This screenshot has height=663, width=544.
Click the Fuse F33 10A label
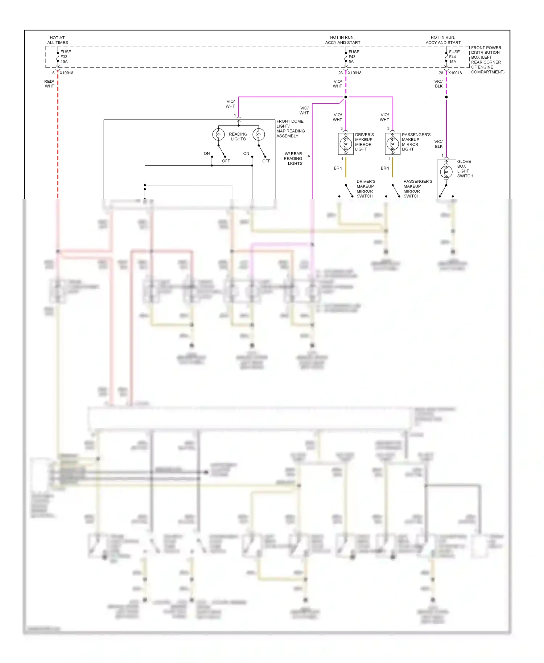pyautogui.click(x=65, y=57)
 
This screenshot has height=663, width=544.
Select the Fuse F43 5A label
pyautogui.click(x=354, y=57)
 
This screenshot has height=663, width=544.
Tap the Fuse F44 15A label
pyautogui.click(x=454, y=57)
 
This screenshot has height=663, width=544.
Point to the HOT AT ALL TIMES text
pyautogui.click(x=57, y=40)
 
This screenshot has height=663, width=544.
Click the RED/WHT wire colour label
pyautogui.click(x=49, y=84)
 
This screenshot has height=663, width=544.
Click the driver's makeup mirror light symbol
pyautogui.click(x=346, y=144)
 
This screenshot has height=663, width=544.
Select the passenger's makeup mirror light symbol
pyautogui.click(x=392, y=144)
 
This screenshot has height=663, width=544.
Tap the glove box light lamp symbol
pyautogui.click(x=446, y=172)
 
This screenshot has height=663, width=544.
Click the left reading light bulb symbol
pyautogui.click(x=218, y=135)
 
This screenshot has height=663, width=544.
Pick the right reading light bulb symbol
pyautogui.click(x=259, y=135)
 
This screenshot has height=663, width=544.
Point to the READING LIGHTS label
pyautogui.click(x=238, y=136)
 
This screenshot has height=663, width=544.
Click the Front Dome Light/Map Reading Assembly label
pyautogui.click(x=290, y=128)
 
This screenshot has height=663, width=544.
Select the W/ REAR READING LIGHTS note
pyautogui.click(x=293, y=158)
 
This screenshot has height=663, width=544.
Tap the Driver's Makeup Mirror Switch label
pyautogui.click(x=365, y=189)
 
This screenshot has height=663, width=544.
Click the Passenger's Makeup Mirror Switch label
pyautogui.click(x=417, y=189)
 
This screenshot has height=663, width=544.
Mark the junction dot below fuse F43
pyautogui.click(x=346, y=97)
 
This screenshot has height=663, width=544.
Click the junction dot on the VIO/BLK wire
pyautogui.click(x=446, y=97)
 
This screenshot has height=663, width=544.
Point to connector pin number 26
pyautogui.click(x=340, y=73)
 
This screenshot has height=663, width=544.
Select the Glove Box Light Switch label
pyautogui.click(x=465, y=169)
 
